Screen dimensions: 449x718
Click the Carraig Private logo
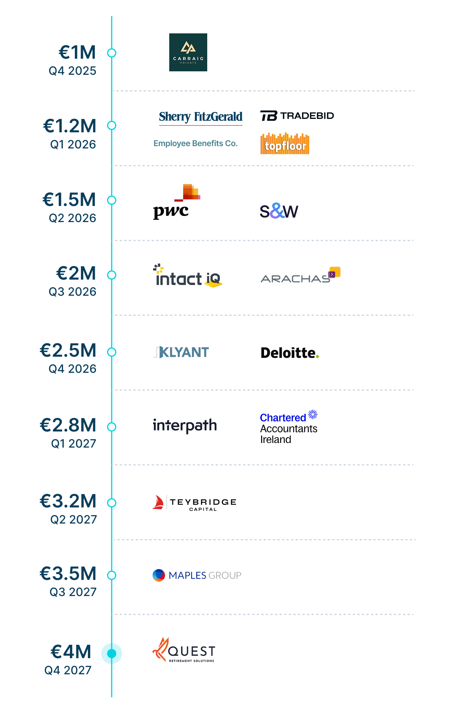(188, 52)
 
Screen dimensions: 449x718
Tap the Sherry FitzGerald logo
(201, 117)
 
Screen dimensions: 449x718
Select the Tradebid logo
(297, 115)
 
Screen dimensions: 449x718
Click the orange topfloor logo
(285, 144)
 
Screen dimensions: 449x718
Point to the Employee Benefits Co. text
(195, 143)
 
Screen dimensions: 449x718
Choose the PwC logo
(176, 202)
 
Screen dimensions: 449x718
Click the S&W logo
(279, 211)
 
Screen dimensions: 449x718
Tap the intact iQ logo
(188, 276)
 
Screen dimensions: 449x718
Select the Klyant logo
(182, 352)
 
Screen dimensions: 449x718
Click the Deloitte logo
(290, 353)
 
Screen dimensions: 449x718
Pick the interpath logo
(185, 425)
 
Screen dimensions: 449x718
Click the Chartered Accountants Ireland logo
(289, 427)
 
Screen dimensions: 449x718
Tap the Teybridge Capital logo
(194, 502)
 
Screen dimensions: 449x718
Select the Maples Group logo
(197, 575)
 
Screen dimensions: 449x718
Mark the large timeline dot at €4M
(112, 654)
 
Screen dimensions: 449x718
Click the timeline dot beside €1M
(112, 53)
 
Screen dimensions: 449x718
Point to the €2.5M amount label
(68, 350)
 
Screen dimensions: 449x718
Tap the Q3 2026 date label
(73, 292)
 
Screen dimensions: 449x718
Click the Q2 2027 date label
(74, 519)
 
